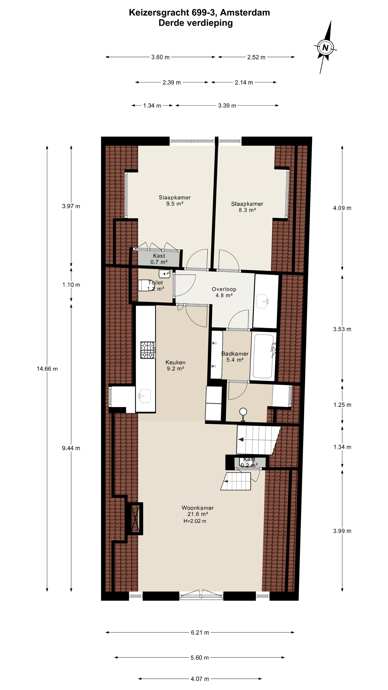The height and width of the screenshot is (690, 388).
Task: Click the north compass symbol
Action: [325, 48]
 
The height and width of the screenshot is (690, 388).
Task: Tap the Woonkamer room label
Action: [198, 508]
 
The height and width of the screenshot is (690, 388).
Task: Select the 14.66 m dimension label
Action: [47, 369]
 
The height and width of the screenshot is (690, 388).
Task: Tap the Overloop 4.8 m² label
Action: [224, 292]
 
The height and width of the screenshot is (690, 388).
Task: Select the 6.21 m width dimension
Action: [200, 633]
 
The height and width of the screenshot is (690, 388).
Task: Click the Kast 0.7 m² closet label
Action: [159, 259]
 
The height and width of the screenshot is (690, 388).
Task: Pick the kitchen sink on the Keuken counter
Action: [145, 396]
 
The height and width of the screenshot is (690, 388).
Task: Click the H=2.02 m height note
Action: [195, 521]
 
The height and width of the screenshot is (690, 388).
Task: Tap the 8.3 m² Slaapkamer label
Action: [247, 207]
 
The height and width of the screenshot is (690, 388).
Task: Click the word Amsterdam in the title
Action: [245, 13]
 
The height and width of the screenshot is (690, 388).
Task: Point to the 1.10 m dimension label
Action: [71, 285]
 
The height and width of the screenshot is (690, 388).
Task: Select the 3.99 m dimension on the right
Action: [342, 531]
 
